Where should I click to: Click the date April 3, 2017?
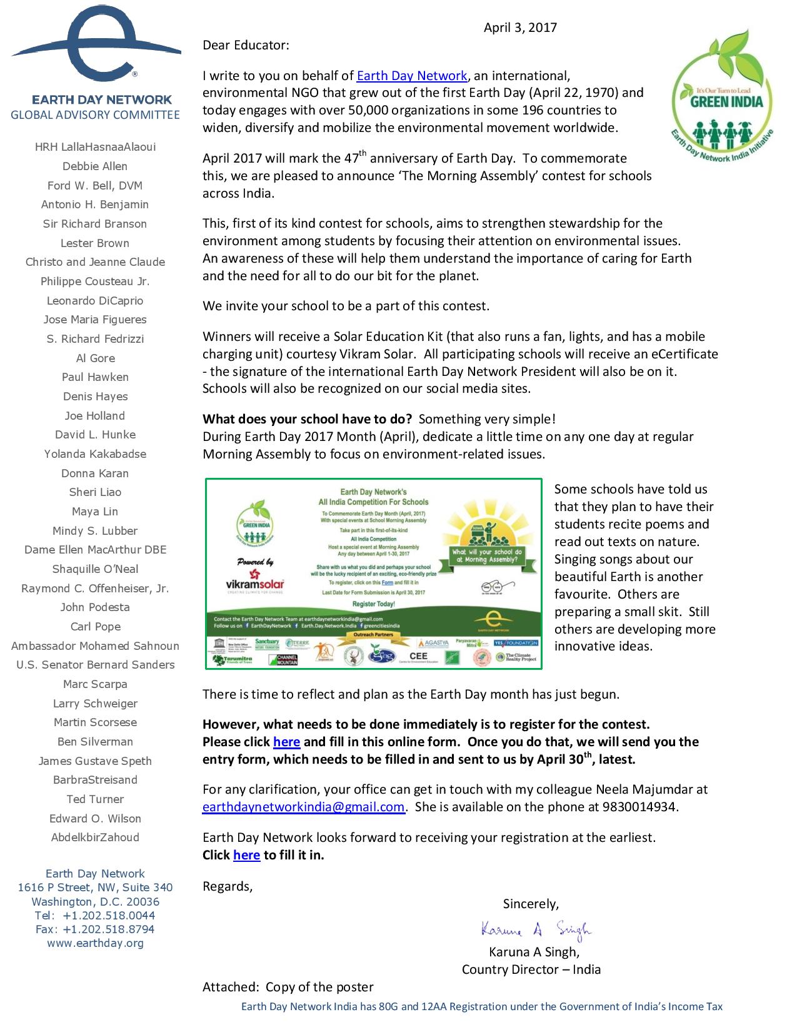pyautogui.click(x=520, y=28)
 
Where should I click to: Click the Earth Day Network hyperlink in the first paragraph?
pyautogui.click(x=412, y=76)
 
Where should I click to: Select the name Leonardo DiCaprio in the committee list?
pyautogui.click(x=95, y=301)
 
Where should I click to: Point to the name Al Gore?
pyautogui.click(x=95, y=358)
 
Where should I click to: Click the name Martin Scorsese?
pyautogui.click(x=95, y=722)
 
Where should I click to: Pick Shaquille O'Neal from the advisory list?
pyautogui.click(x=95, y=569)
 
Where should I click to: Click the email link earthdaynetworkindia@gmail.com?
pyautogui.click(x=303, y=807)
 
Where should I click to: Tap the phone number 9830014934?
pyautogui.click(x=639, y=807)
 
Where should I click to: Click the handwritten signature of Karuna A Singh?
pyautogui.click(x=536, y=930)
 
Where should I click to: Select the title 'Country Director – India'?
pyautogui.click(x=531, y=969)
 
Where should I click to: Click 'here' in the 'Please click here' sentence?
pyautogui.click(x=286, y=742)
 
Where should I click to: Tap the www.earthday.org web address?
pyautogui.click(x=95, y=943)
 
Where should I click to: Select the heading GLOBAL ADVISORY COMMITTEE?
pyautogui.click(x=95, y=115)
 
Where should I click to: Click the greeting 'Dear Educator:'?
pyautogui.click(x=246, y=45)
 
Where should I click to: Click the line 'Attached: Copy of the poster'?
pyautogui.click(x=288, y=987)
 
